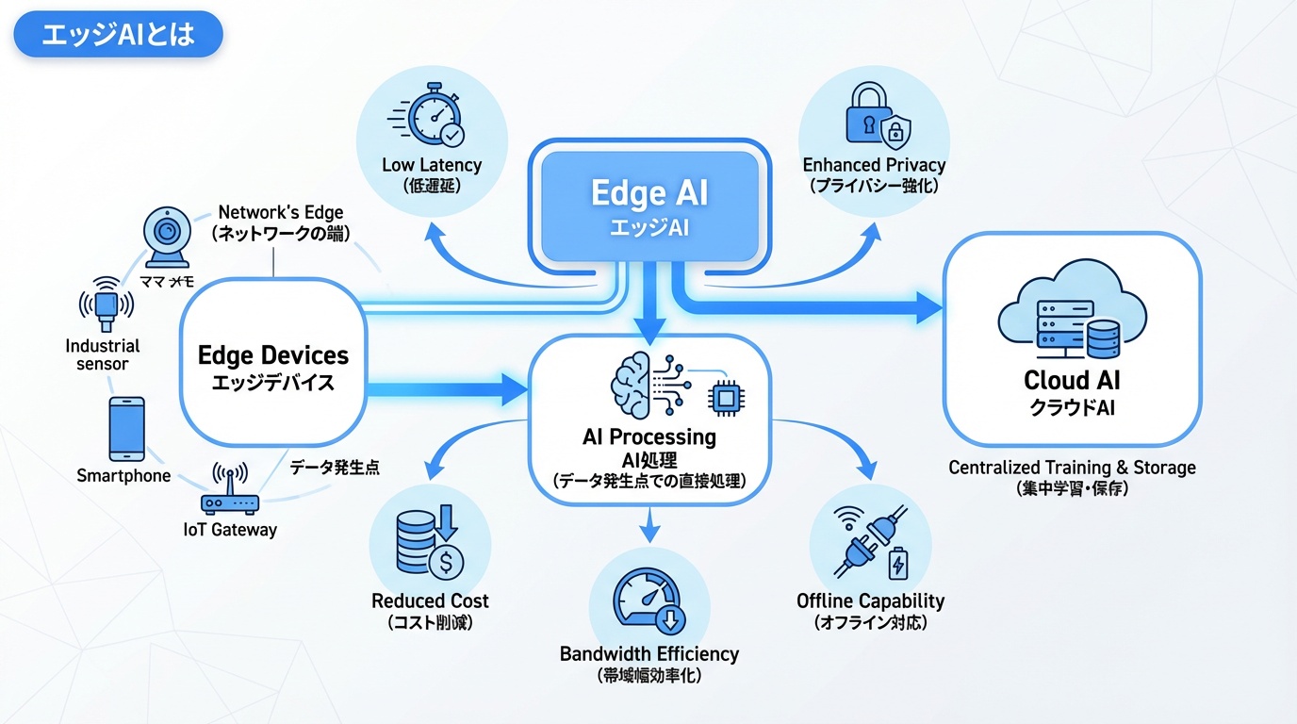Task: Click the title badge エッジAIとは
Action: click(x=118, y=35)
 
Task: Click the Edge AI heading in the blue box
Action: click(x=649, y=193)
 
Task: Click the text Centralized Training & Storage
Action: click(x=1072, y=468)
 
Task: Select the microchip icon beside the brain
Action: click(x=724, y=399)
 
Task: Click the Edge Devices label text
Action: click(x=273, y=356)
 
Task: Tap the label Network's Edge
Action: click(x=281, y=213)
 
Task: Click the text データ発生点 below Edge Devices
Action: click(x=335, y=467)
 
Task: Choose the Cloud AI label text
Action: click(x=1072, y=382)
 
